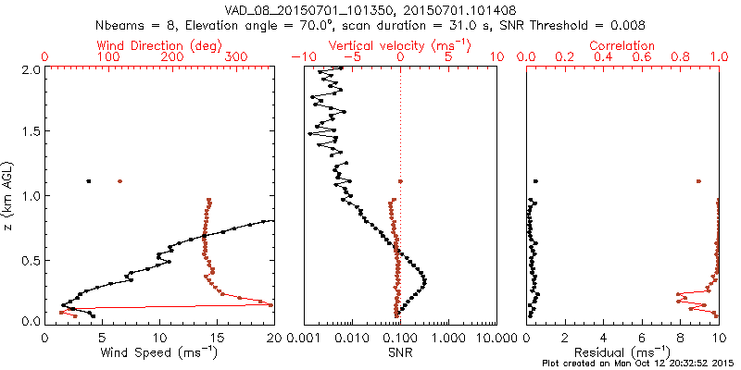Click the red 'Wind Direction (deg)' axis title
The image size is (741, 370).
point(160,45)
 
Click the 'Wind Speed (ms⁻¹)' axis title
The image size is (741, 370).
point(159,351)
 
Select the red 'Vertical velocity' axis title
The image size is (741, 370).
point(400,45)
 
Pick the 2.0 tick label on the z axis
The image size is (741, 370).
point(30,69)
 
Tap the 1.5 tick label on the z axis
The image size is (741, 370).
point(30,132)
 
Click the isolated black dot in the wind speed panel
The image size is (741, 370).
point(89,181)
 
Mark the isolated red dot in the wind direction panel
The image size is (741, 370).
point(119,181)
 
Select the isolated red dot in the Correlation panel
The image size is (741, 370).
point(698,181)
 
